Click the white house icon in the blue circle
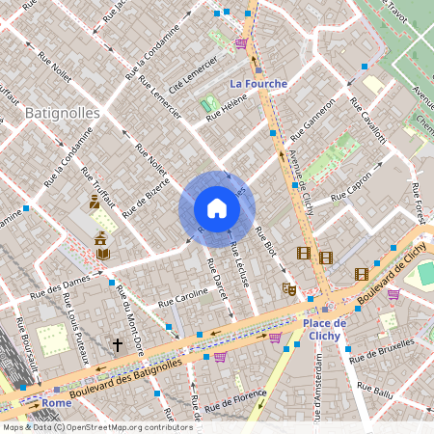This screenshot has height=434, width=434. [x=216, y=208]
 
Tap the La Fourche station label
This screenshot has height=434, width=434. [x=258, y=84]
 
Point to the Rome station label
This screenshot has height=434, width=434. [x=56, y=403]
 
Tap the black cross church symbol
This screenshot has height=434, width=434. [x=118, y=343]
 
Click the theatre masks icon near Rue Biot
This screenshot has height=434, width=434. [x=288, y=287]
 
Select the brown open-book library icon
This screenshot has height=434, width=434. [x=102, y=252]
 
